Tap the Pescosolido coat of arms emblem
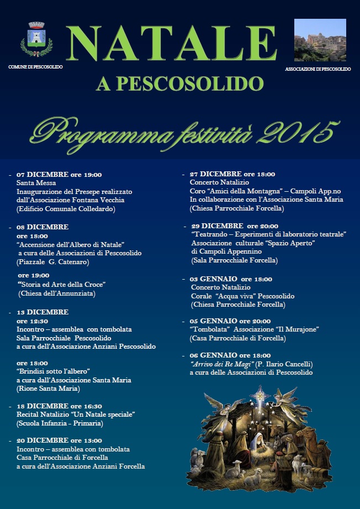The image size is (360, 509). (36, 40)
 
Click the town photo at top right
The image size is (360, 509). (320, 40)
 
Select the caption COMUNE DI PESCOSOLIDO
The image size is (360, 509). (36, 67)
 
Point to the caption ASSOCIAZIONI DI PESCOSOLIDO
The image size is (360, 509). (318, 69)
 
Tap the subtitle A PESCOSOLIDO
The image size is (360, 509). (179, 84)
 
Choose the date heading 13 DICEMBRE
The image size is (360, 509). (43, 312)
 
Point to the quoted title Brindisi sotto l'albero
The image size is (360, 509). (53, 371)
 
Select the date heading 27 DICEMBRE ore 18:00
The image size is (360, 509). (232, 174)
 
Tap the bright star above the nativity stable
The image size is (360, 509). (259, 396)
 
